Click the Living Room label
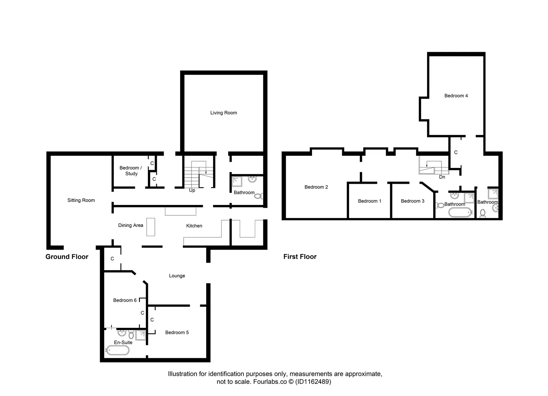tap(223, 113)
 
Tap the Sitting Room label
tap(81, 200)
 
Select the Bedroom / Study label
tap(130, 171)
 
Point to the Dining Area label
tap(130, 225)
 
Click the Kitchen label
tap(194, 226)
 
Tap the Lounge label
tap(177, 276)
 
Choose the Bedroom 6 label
tap(125, 300)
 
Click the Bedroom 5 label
tap(177, 333)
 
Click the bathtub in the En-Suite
tap(118, 350)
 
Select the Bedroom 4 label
tap(456, 96)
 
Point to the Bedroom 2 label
tap(316, 187)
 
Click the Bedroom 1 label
tap(370, 201)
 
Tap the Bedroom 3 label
tap(412, 201)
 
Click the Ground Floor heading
tap(67, 257)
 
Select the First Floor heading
tap(300, 257)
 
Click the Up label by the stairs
tap(192, 190)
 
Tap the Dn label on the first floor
tap(442, 177)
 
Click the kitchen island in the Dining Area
tap(151, 227)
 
